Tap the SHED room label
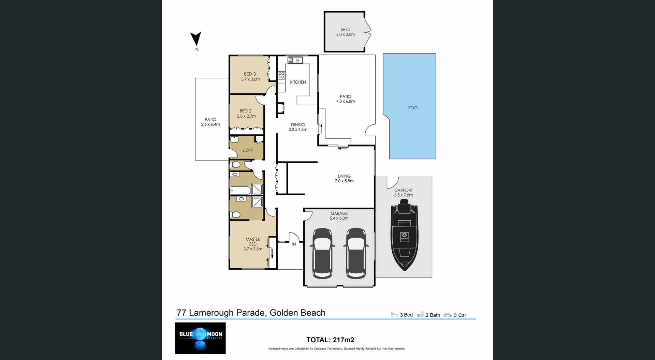point(345,30)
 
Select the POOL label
point(413,108)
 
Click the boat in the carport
point(404,235)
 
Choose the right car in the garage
point(356,253)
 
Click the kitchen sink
point(295,60)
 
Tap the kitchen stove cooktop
point(281,75)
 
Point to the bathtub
point(241,190)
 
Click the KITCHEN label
point(298,82)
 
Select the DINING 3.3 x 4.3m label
point(298,127)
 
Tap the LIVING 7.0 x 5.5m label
point(344,179)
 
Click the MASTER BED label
point(253,242)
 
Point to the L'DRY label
point(248,150)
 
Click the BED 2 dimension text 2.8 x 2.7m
point(246,116)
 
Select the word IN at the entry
point(294,244)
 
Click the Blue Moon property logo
point(200,338)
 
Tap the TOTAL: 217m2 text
point(330,340)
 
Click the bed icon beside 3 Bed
point(394,315)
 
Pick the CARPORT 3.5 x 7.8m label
point(403,193)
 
